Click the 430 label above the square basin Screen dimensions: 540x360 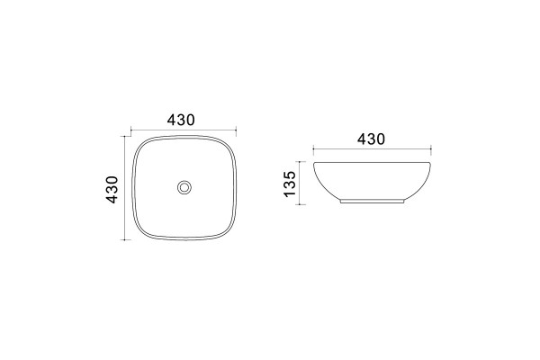point(181,120)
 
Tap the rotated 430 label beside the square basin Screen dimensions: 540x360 point(112,190)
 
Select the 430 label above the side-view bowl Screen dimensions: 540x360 point(371,139)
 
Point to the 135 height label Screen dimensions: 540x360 point(290,184)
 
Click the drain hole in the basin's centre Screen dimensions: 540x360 point(184,187)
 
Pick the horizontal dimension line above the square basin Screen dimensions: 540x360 point(184,130)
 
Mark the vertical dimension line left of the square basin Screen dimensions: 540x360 point(125,188)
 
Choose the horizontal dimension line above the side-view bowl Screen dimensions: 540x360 point(373,149)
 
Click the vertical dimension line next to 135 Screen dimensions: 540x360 point(300,183)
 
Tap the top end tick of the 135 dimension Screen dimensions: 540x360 point(300,161)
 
